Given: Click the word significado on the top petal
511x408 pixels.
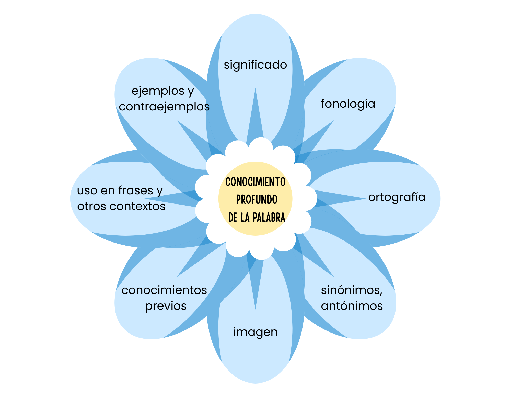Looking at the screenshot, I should pyautogui.click(x=255, y=65).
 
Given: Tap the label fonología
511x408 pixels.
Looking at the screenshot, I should pyautogui.click(x=348, y=104).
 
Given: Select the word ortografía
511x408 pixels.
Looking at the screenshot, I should pyautogui.click(x=397, y=197).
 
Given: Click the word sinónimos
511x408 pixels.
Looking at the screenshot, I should pyautogui.click(x=352, y=290).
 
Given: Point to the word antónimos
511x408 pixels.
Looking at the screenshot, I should pyautogui.click(x=352, y=306).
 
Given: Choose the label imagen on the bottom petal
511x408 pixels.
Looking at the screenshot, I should pyautogui.click(x=255, y=332).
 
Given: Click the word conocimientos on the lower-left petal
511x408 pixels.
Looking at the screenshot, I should pyautogui.click(x=164, y=290).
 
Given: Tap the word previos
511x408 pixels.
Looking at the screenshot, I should pyautogui.click(x=166, y=306).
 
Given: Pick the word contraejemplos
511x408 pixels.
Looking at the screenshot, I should pyautogui.click(x=164, y=107).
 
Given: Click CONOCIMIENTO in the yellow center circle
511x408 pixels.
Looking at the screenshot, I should pyautogui.click(x=255, y=182).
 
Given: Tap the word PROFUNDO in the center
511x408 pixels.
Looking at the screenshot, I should pyautogui.click(x=257, y=200).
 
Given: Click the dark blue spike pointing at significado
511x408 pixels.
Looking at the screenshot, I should pyautogui.click(x=255, y=117).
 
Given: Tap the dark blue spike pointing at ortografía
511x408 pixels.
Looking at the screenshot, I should pyautogui.click(x=337, y=198).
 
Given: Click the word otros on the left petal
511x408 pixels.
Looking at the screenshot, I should pyautogui.click(x=92, y=206).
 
